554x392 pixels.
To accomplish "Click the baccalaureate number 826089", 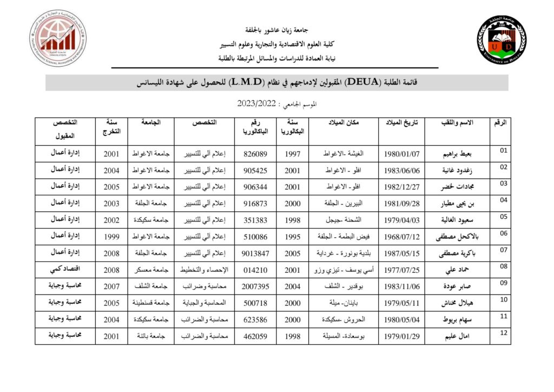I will coord(256,154).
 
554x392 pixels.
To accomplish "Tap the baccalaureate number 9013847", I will coord(256,253).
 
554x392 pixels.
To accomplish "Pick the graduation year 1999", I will coord(111,237).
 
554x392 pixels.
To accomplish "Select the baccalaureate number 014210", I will coord(256,270).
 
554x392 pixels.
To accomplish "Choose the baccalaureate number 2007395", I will coord(256,286).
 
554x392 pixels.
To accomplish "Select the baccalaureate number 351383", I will coord(256,220).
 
